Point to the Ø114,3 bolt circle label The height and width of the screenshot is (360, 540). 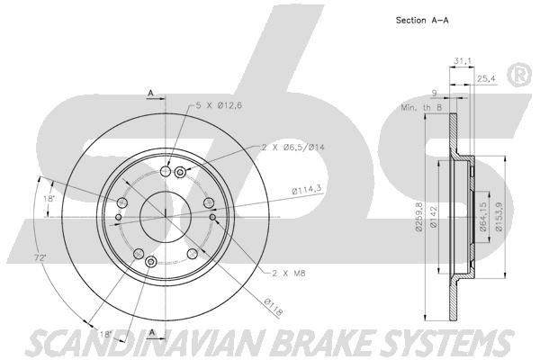pyautogui.click(x=307, y=189)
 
